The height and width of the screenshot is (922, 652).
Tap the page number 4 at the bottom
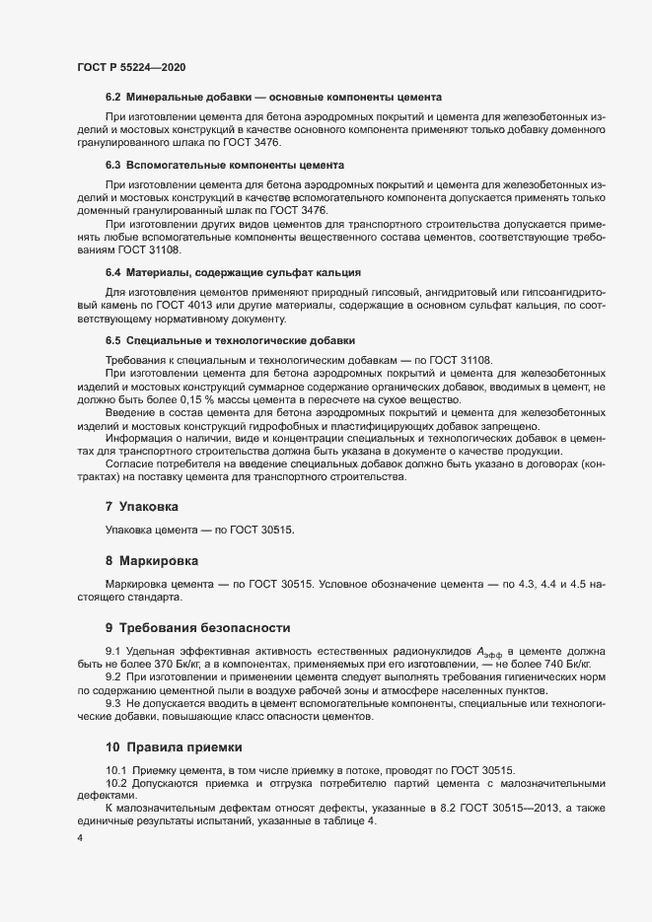[x=79, y=838]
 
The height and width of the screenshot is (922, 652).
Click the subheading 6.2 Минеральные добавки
[x=272, y=97]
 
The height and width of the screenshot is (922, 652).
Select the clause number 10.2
[x=116, y=783]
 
